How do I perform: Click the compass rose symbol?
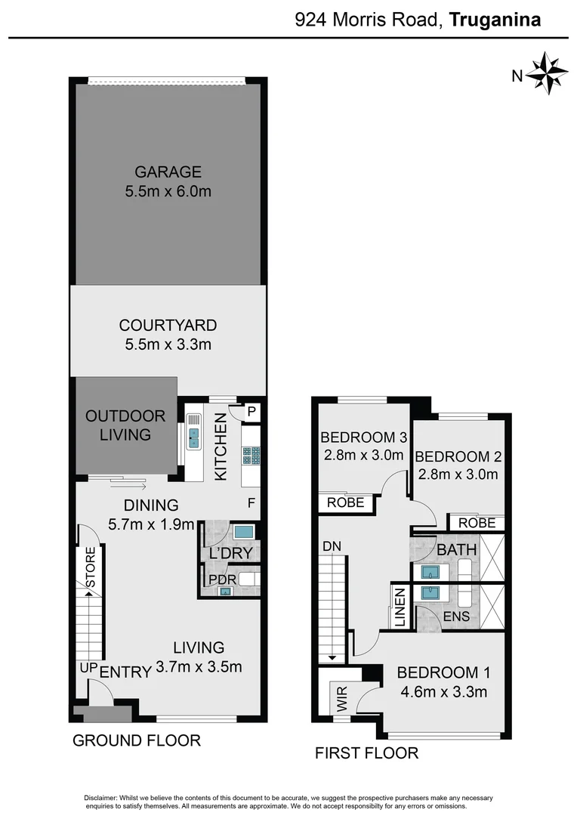pyautogui.click(x=546, y=73)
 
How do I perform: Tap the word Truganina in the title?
pyautogui.click(x=495, y=20)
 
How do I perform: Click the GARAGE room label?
pyautogui.click(x=168, y=172)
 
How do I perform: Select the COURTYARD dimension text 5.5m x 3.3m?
pyautogui.click(x=168, y=345)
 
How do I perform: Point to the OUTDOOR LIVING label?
pyautogui.click(x=125, y=425)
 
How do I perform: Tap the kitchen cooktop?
pyautogui.click(x=251, y=455)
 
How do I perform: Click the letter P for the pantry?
pyautogui.click(x=251, y=412)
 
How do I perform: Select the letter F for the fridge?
pyautogui.click(x=251, y=502)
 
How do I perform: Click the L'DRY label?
pyautogui.click(x=230, y=554)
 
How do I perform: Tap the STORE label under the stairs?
pyautogui.click(x=91, y=567)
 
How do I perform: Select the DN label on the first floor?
pyautogui.click(x=331, y=546)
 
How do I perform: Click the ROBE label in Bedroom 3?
pyautogui.click(x=346, y=502)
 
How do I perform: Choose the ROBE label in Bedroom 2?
pyautogui.click(x=477, y=523)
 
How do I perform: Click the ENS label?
pyautogui.click(x=457, y=617)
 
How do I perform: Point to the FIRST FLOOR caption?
pyautogui.click(x=366, y=753)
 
